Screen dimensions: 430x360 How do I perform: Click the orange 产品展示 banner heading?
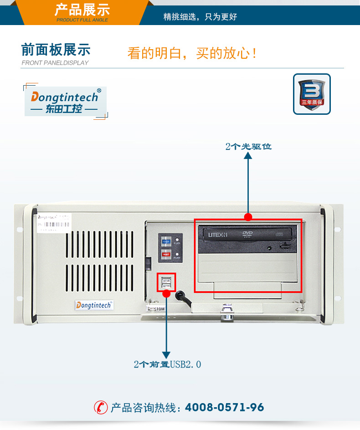[x=82, y=10]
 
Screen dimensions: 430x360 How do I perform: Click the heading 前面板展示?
[x=56, y=50]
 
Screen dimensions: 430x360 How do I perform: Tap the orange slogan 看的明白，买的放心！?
[x=192, y=53]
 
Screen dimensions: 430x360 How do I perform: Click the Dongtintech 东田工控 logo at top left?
[x=65, y=102]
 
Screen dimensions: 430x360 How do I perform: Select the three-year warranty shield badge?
[x=312, y=94]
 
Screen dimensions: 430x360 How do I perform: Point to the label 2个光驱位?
[x=248, y=146]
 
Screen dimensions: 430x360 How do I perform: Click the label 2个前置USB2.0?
[x=167, y=364]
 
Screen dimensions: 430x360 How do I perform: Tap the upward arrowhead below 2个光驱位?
[x=248, y=156]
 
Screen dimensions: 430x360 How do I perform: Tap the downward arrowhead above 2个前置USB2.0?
[x=166, y=354]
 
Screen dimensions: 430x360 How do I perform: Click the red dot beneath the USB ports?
[x=166, y=294]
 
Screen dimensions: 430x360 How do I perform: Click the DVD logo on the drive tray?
[x=247, y=235]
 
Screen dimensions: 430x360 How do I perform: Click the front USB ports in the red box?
[x=166, y=282]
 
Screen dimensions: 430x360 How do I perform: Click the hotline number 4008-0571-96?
[x=224, y=407]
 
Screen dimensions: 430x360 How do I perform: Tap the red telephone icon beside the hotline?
[x=101, y=407]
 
